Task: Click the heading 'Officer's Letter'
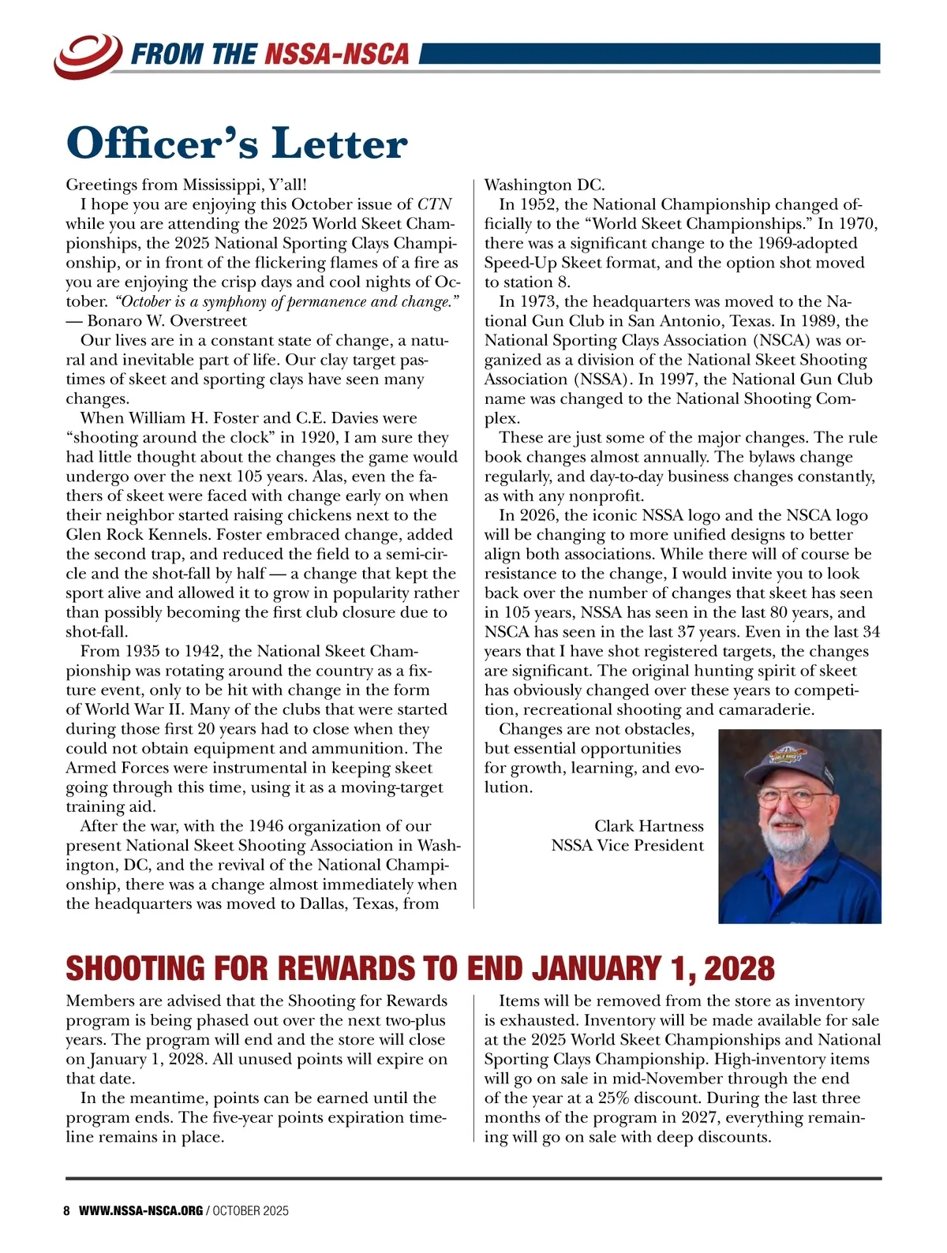click(237, 144)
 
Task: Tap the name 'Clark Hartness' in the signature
click(649, 826)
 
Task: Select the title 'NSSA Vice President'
click(627, 846)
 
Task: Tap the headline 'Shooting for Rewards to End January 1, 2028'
click(420, 968)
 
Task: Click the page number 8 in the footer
click(67, 1210)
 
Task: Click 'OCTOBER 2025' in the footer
click(251, 1210)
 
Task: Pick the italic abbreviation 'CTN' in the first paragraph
click(433, 204)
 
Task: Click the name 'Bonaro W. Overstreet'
click(167, 321)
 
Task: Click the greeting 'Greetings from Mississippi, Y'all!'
click(185, 185)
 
